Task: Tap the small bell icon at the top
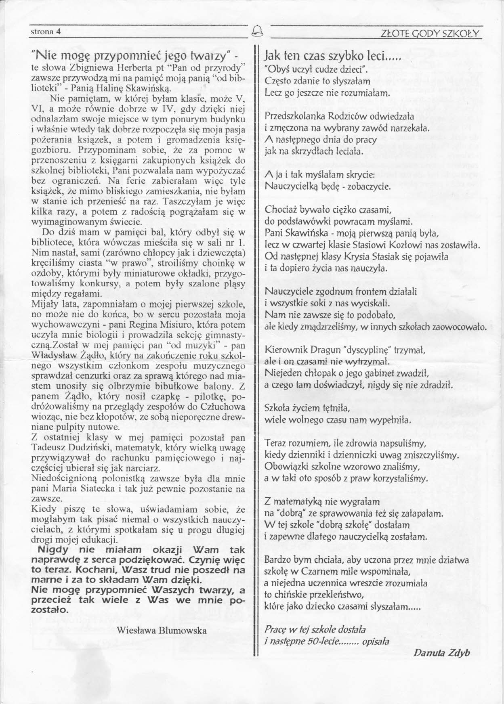[256, 31]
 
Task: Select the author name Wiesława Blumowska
[162, 630]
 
